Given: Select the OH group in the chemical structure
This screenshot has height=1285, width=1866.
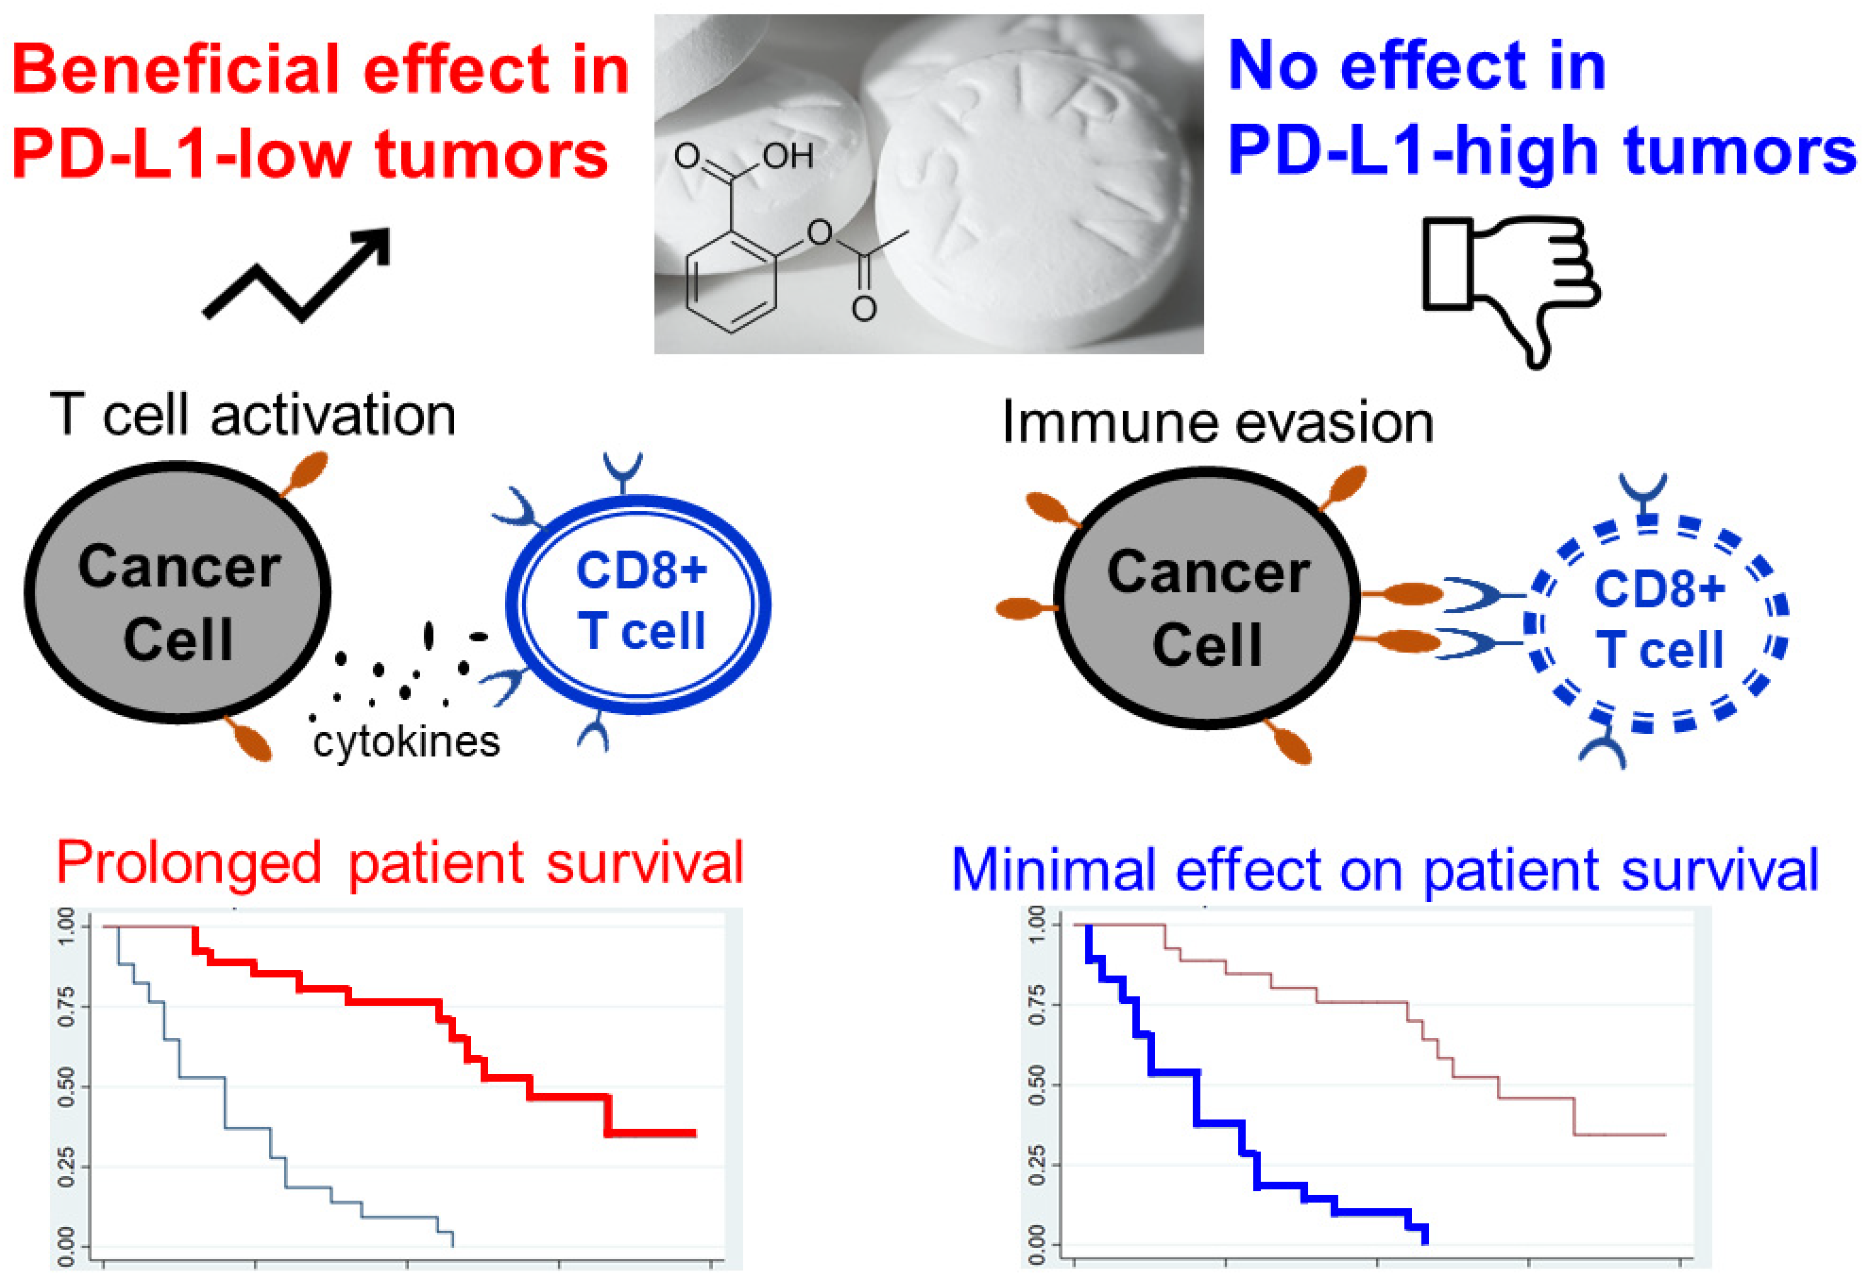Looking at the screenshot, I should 787,155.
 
